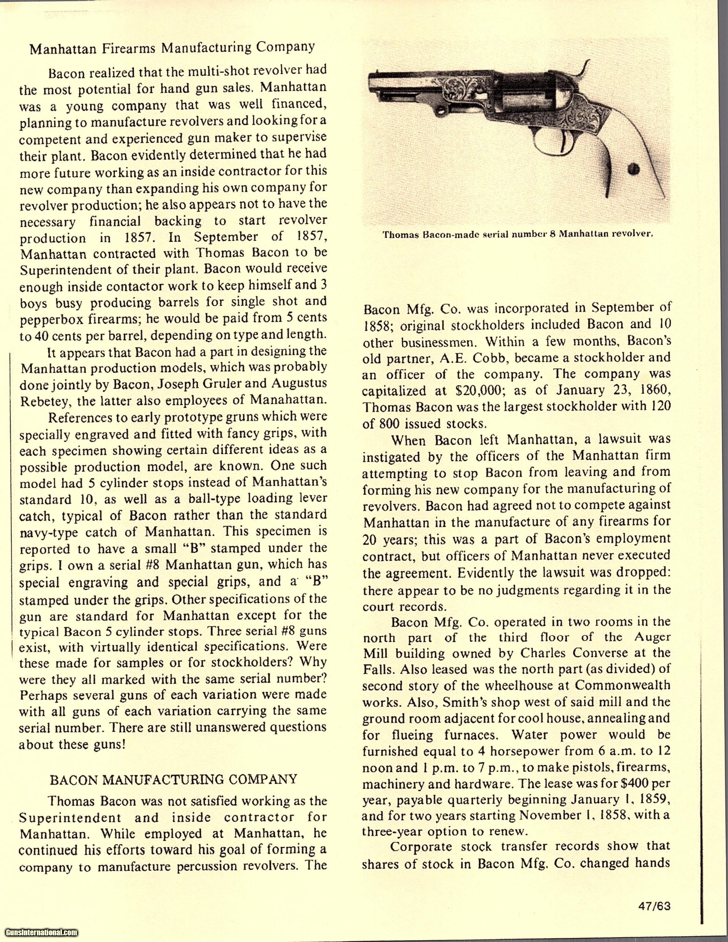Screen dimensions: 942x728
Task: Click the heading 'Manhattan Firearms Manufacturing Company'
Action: (172, 47)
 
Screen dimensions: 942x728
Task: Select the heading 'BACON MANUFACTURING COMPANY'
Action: (173, 779)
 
